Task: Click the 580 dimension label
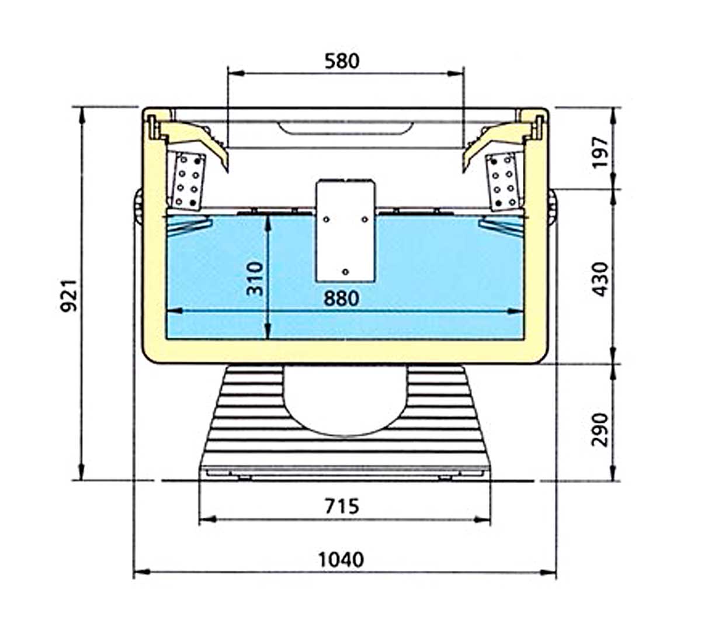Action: (342, 61)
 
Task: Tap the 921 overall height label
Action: (68, 296)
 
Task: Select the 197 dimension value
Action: (600, 152)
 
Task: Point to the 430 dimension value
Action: (600, 279)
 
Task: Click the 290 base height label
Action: (600, 429)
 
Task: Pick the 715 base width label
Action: (342, 506)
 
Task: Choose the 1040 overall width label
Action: (341, 559)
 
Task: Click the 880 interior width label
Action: (341, 299)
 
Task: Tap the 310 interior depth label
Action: (254, 279)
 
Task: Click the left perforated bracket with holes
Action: (188, 182)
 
